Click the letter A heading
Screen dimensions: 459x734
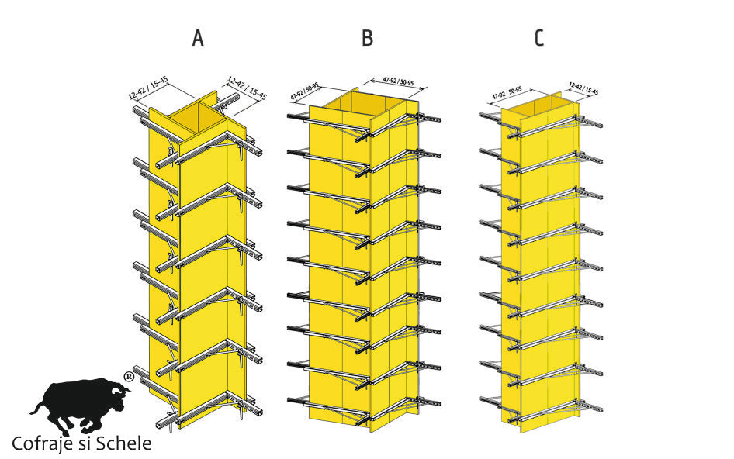tap(198, 38)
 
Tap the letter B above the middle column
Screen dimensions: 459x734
tap(367, 38)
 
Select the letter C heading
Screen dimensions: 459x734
tap(538, 38)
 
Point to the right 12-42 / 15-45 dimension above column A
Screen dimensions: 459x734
tap(247, 88)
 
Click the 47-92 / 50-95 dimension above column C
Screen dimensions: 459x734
tap(507, 93)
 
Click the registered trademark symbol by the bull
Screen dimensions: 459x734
tap(128, 377)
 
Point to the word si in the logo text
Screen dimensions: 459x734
tap(87, 444)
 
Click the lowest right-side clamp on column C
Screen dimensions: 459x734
tap(590, 406)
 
